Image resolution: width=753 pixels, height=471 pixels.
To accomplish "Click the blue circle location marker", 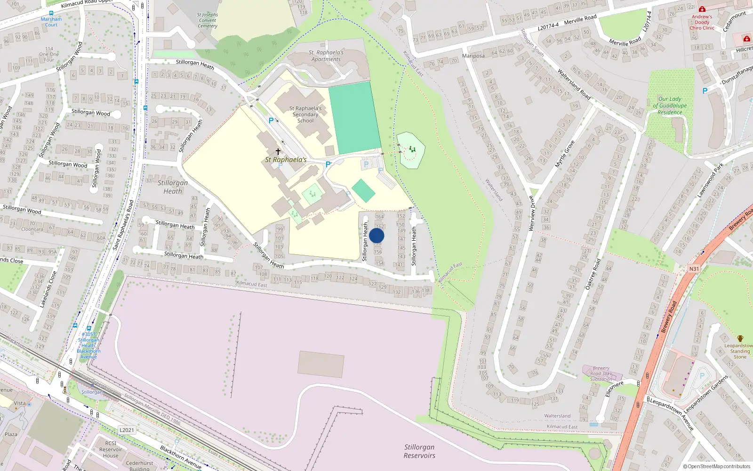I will [376, 235].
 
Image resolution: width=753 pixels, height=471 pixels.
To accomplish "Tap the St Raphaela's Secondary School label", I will [305, 114].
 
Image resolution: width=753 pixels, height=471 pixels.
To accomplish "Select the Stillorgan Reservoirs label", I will [419, 451].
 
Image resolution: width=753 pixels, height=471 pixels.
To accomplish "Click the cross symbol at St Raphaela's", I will [278, 152].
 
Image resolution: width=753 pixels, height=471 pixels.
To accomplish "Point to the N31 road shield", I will [694, 269].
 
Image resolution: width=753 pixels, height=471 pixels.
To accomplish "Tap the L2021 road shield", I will [127, 430].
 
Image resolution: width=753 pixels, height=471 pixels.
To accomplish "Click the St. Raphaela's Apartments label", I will [327, 56].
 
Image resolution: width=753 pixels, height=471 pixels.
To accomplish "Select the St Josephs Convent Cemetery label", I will [208, 21].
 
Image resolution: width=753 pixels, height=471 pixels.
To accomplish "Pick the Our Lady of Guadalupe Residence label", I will [670, 106].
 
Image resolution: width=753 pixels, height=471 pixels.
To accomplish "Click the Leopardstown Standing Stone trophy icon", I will [740, 339].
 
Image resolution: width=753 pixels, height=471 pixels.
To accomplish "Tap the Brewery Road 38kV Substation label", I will [601, 374].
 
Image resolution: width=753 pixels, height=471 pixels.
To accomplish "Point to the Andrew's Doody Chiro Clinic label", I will [702, 22].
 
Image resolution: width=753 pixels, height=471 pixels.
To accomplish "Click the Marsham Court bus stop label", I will [51, 22].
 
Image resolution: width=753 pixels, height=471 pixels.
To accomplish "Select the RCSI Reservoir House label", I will [111, 449].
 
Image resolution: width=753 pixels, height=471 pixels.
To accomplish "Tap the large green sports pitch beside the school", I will [354, 118].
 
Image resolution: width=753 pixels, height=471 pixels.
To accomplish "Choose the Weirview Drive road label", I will [532, 213].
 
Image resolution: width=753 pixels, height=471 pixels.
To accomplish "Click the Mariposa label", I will [473, 56].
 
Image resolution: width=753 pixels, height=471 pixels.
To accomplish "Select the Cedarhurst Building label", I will [140, 466].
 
